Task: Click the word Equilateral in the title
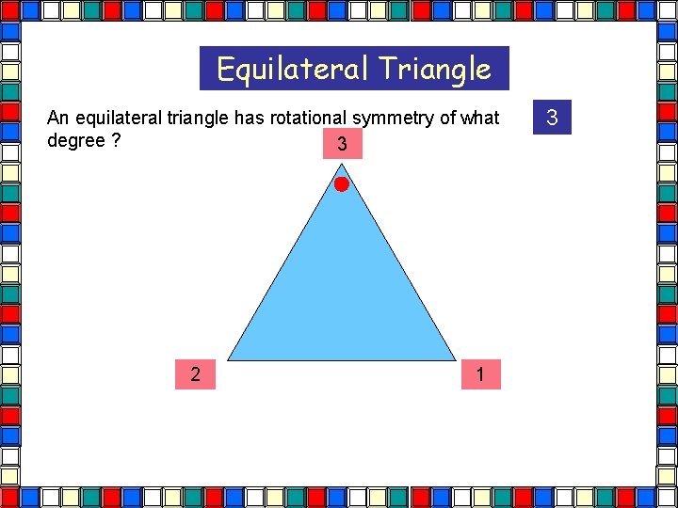(293, 69)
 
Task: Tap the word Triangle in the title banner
(435, 69)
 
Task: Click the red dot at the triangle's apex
(341, 184)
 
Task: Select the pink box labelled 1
(480, 374)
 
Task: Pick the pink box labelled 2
(195, 374)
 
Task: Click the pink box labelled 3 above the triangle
(341, 144)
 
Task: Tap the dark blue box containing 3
(552, 118)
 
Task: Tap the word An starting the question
(57, 118)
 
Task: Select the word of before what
(446, 118)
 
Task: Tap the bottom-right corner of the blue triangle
(454, 359)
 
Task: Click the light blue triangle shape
(341, 292)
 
